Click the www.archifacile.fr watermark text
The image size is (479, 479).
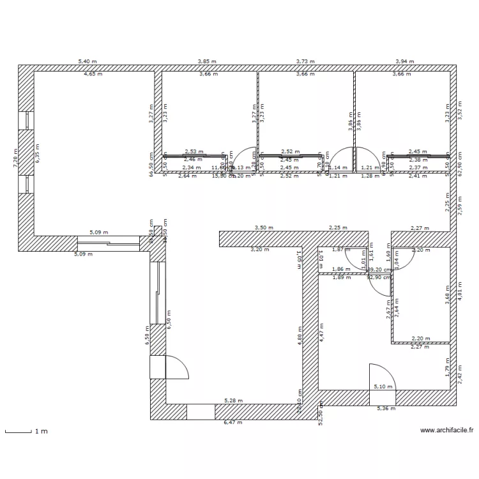coord(447,431)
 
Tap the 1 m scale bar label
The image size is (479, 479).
coord(41,432)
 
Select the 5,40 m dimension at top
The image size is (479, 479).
coord(87,61)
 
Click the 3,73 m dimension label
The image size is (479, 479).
coord(305,61)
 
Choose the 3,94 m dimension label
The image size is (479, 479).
coord(404,61)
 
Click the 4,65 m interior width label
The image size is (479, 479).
coord(93,74)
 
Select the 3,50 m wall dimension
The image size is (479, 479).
coord(264,227)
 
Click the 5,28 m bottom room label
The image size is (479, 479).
coord(233,400)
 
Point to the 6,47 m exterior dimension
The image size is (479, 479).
coord(233,422)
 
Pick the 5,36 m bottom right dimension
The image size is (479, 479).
coord(386,408)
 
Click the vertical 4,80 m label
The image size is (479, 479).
coord(300,336)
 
